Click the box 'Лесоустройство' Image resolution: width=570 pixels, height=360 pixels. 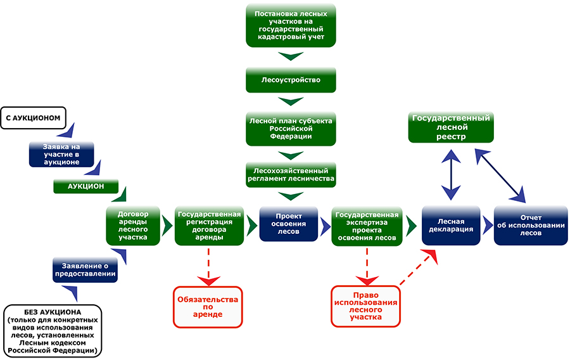(x=291, y=80)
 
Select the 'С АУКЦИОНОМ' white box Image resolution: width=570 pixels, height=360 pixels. (x=36, y=117)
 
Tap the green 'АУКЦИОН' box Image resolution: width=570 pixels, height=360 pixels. (x=86, y=186)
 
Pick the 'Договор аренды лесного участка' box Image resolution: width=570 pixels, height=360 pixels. (x=134, y=226)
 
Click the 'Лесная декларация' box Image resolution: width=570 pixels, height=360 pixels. (x=451, y=225)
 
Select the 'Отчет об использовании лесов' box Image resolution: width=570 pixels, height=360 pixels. (x=531, y=225)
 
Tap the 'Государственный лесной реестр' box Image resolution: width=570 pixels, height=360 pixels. (x=452, y=128)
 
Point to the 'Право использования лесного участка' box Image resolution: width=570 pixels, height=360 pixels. (x=366, y=306)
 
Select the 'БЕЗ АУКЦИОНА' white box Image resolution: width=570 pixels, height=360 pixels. (x=53, y=330)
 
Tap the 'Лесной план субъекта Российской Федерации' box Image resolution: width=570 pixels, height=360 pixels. (x=291, y=127)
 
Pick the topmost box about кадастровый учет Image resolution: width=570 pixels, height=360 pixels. (x=291, y=25)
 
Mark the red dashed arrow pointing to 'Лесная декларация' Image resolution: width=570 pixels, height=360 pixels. (x=415, y=268)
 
